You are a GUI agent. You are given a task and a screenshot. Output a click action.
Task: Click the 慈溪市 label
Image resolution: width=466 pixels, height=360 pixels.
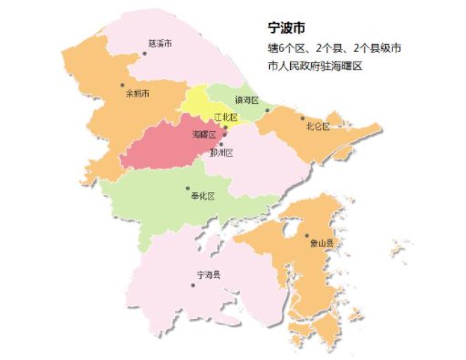point(161,43)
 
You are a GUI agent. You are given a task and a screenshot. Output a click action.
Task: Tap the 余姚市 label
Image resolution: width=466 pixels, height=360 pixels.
point(138,94)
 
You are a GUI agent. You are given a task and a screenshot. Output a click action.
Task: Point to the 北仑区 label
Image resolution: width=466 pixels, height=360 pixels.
point(317,125)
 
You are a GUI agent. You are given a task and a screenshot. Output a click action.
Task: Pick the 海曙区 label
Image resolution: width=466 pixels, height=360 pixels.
point(204,135)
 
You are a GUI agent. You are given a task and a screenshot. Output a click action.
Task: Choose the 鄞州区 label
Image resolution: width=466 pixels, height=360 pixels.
point(222,153)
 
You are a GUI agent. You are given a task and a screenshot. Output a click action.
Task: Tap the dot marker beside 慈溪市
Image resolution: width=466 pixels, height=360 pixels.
point(144,54)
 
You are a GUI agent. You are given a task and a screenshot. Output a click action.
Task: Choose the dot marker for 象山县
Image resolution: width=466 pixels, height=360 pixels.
point(307,235)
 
